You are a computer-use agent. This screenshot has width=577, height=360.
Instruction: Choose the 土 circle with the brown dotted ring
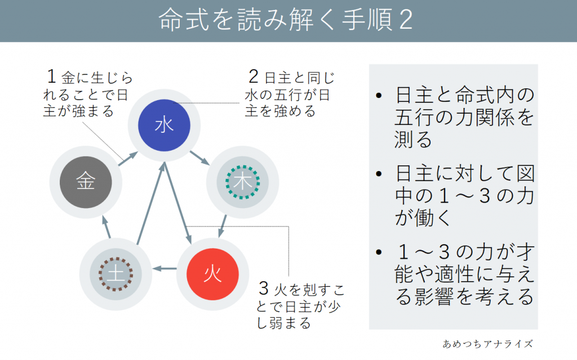(x=115, y=274)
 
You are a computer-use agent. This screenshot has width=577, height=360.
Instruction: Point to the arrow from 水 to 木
(x=199, y=156)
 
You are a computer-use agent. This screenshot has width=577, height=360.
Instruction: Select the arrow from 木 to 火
(x=223, y=224)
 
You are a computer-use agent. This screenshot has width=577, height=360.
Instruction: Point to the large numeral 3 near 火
(x=263, y=289)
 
